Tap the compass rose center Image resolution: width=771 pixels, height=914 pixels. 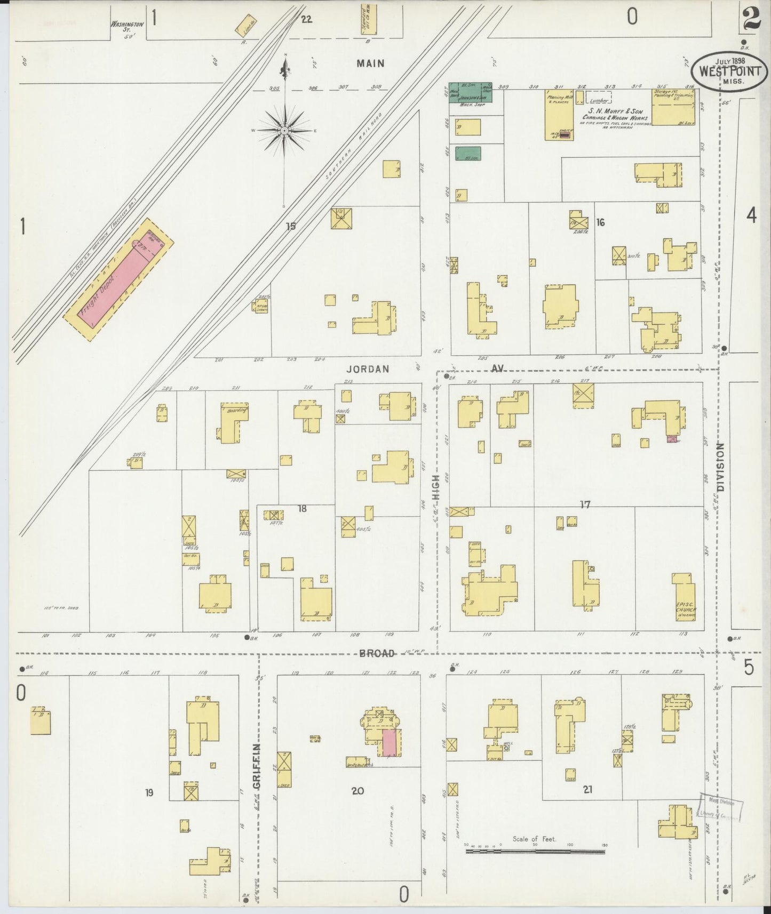285,130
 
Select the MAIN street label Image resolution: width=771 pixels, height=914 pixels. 370,63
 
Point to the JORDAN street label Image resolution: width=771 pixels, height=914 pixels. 368,369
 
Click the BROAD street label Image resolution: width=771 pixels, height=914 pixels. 377,653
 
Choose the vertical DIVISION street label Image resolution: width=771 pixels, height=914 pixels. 721,467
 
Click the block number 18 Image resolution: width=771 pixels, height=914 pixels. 303,509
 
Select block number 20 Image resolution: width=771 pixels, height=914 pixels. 357,791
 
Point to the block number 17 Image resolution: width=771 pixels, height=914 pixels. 585,504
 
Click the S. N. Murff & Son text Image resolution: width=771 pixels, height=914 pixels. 619,111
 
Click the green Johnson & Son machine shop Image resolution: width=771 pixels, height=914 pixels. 470,92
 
